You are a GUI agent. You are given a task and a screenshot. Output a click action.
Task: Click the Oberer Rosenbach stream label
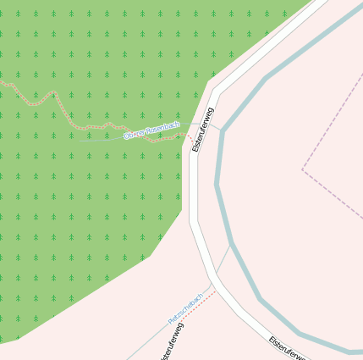click(152, 130)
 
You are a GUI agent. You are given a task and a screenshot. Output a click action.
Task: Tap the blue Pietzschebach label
click(185, 307)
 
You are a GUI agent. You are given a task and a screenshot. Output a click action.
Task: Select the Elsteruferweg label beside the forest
click(204, 130)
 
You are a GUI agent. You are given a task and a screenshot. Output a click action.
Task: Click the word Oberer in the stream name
click(135, 133)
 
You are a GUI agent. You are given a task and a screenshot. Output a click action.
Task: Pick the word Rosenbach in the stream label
click(162, 127)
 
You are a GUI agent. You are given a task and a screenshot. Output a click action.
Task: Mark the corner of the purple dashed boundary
click(302, 169)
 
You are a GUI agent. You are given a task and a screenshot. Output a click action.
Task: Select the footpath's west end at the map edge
click(2, 82)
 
